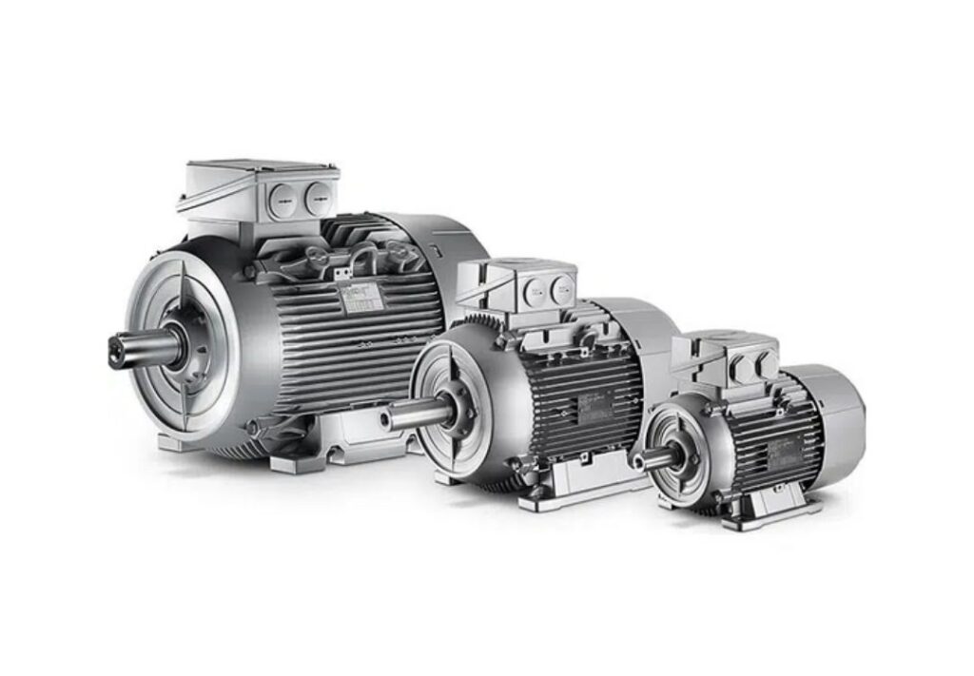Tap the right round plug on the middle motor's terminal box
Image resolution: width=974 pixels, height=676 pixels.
click(563, 283)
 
